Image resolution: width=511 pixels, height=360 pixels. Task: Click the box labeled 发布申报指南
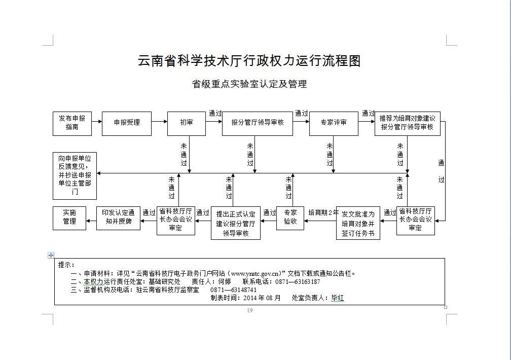(72, 123)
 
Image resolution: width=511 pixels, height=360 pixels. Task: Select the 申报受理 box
(126, 123)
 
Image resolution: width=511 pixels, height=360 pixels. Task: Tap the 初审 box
(186, 123)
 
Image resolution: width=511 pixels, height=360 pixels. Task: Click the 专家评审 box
(333, 123)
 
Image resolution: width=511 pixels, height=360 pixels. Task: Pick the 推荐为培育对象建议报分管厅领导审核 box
(407, 123)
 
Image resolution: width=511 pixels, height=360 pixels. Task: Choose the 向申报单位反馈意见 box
(75, 175)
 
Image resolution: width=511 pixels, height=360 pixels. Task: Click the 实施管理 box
(69, 218)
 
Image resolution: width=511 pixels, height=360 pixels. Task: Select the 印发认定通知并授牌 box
(118, 218)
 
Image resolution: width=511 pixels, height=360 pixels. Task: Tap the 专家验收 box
(290, 218)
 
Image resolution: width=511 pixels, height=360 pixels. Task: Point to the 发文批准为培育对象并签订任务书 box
(358, 224)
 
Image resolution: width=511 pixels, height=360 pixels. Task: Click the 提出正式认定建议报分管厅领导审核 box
(236, 223)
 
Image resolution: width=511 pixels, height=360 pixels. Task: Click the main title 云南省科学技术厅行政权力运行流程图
(249, 61)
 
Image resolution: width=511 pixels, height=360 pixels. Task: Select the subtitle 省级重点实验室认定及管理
(249, 84)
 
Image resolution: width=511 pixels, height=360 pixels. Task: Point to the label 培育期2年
(323, 212)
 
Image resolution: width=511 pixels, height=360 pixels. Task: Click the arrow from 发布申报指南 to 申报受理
(97, 122)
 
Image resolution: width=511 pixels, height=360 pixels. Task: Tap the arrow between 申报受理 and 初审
(159, 122)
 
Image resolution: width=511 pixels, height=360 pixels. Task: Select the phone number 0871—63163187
(297, 282)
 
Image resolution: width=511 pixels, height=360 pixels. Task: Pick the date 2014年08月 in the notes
(262, 298)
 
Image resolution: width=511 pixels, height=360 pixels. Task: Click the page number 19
(249, 310)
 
